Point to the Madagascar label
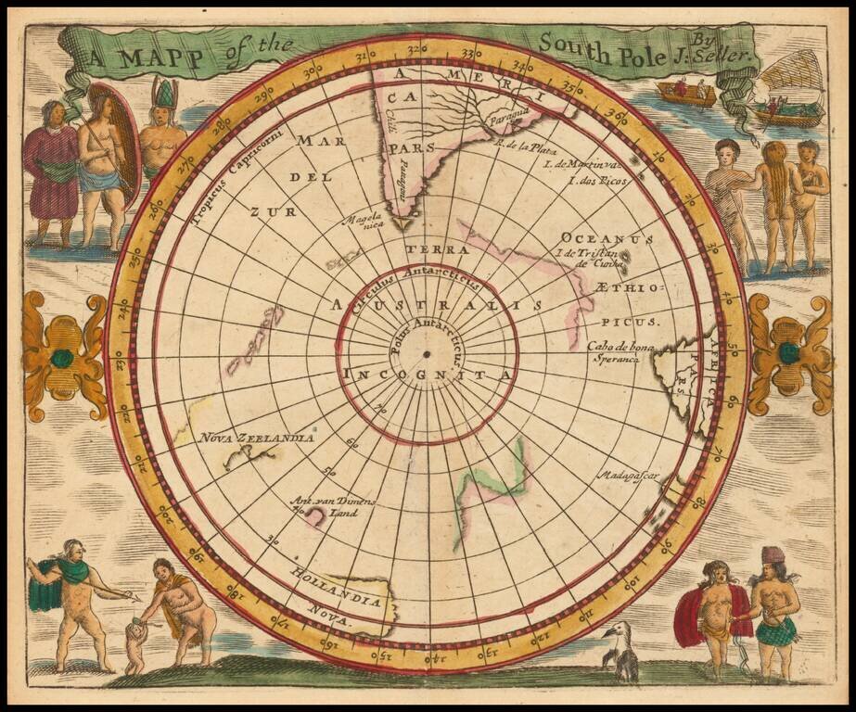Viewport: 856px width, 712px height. (627, 476)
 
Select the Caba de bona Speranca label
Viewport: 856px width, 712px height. (614, 353)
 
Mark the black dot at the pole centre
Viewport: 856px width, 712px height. (426, 354)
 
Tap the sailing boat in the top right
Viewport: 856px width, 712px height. (788, 93)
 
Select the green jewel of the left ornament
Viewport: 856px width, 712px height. (62, 358)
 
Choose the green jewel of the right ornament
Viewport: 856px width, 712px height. (789, 353)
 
